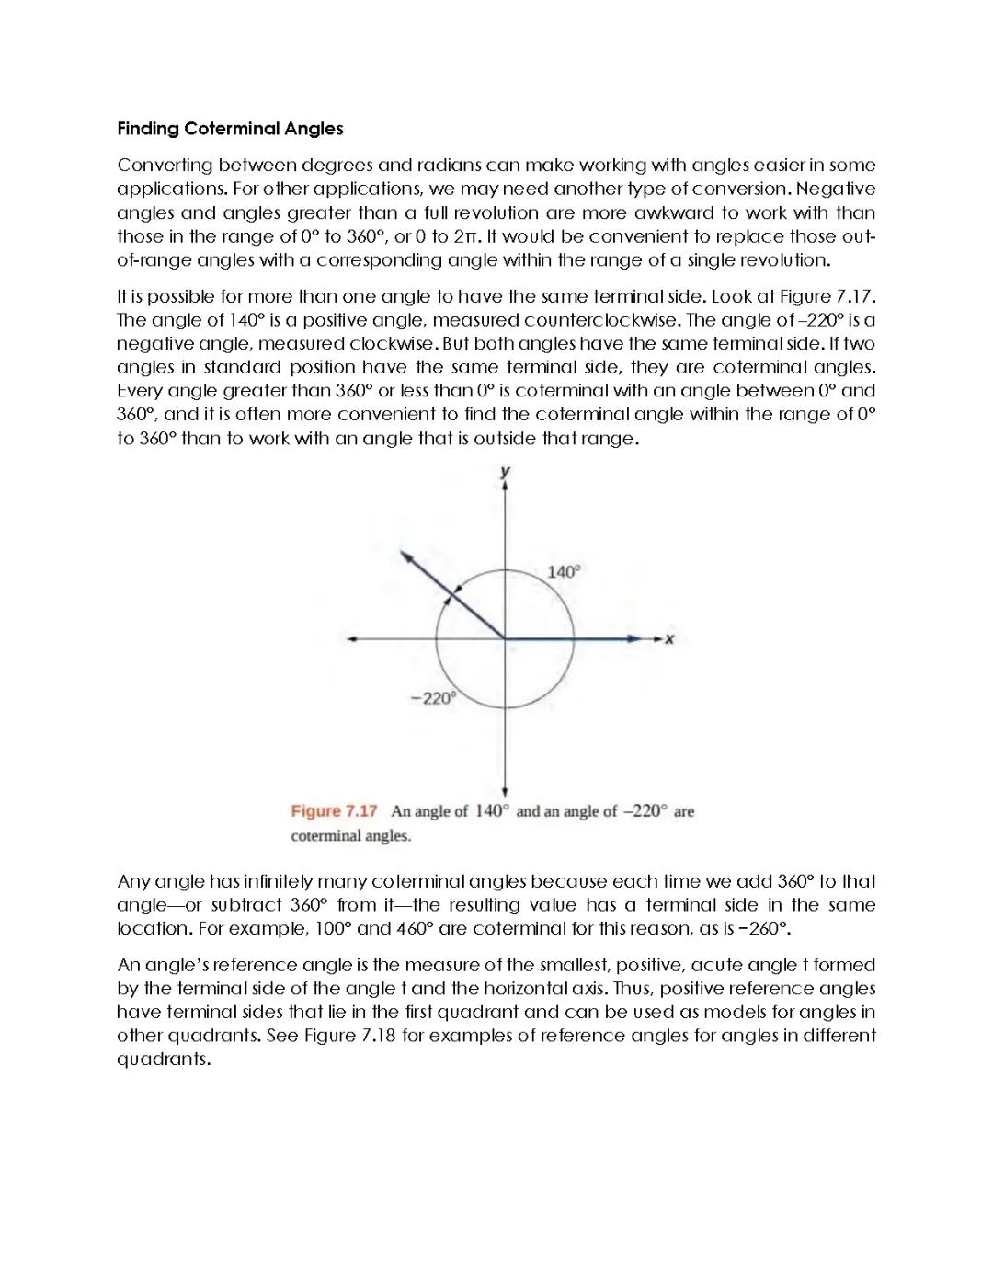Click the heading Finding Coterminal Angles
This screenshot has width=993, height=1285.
pyautogui.click(x=230, y=129)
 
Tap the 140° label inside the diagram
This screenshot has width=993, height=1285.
pyautogui.click(x=564, y=572)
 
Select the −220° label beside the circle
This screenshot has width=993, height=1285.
pyautogui.click(x=432, y=698)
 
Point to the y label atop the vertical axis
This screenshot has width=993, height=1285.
pyautogui.click(x=505, y=472)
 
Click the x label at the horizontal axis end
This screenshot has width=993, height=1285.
pyautogui.click(x=669, y=639)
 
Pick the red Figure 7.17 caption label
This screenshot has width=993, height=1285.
pyautogui.click(x=334, y=811)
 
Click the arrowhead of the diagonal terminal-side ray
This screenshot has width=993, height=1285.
pyautogui.click(x=404, y=555)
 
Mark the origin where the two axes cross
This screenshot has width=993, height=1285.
pyautogui.click(x=505, y=638)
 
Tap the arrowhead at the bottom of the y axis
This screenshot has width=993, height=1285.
pyautogui.click(x=505, y=792)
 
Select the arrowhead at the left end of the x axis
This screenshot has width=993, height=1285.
pyautogui.click(x=351, y=638)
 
